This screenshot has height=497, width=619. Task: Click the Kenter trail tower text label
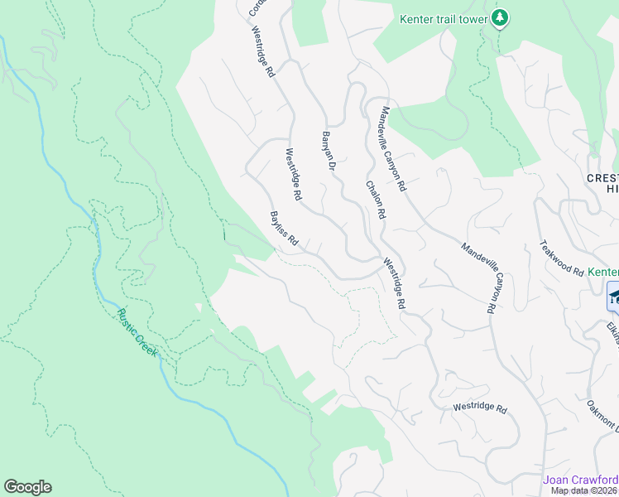(443, 18)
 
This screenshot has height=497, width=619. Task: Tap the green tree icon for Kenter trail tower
(499, 17)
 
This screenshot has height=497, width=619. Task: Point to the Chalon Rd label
(374, 201)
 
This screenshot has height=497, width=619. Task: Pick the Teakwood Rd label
(561, 258)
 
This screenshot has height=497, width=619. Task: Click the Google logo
(27, 487)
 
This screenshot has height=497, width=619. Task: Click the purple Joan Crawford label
(580, 480)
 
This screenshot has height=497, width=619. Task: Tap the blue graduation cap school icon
(614, 296)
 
